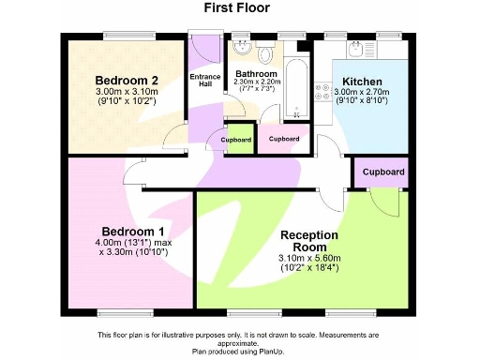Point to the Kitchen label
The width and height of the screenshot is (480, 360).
click(x=361, y=82)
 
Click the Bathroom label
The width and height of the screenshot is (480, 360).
click(x=256, y=74)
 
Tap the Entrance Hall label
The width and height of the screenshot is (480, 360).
click(x=205, y=81)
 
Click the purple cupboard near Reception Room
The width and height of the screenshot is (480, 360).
click(x=383, y=172)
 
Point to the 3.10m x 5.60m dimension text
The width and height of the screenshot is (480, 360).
click(x=308, y=259)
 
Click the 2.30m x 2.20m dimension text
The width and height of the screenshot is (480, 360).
click(x=256, y=83)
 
